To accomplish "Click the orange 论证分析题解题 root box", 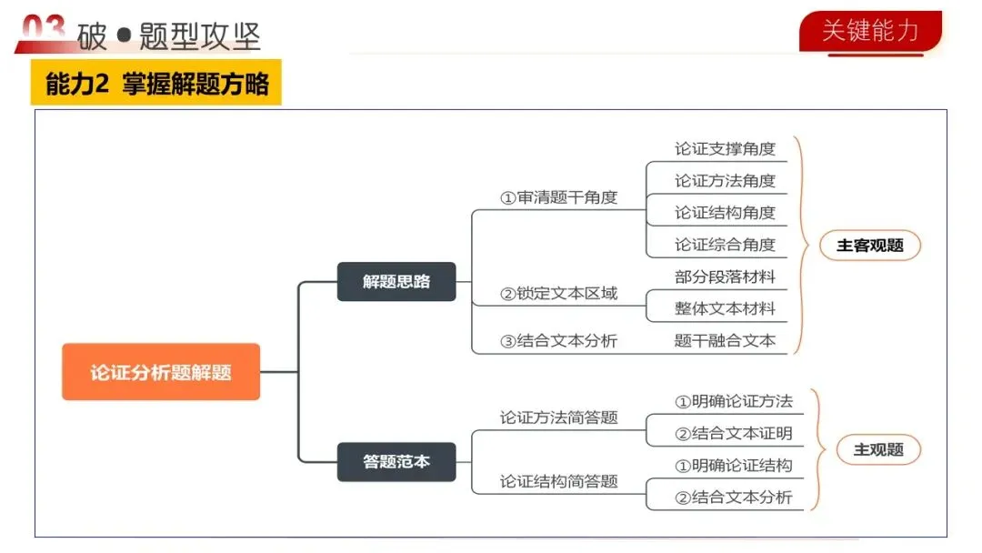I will tap(161, 372).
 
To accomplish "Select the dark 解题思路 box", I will tap(396, 281).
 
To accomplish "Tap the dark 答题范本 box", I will tap(396, 461).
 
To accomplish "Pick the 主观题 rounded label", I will tap(878, 449).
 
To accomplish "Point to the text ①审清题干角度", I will tap(558, 197).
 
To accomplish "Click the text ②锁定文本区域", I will tap(558, 293).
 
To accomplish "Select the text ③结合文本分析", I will tap(558, 341).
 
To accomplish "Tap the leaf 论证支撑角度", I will tap(725, 148).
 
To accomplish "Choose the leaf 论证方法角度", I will tap(725, 181).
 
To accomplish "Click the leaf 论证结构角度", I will tap(725, 213).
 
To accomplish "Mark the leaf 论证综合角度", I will tap(725, 245).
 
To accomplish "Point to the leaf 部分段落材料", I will tap(725, 276).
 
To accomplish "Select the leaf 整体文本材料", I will tap(725, 308).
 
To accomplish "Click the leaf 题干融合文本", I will tap(725, 341).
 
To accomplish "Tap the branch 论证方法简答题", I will tap(558, 417).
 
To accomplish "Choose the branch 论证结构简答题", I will tap(558, 481).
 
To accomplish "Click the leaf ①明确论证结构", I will tap(733, 466).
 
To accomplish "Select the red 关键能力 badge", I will tap(870, 31).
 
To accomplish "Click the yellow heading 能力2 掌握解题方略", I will tap(156, 84).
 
